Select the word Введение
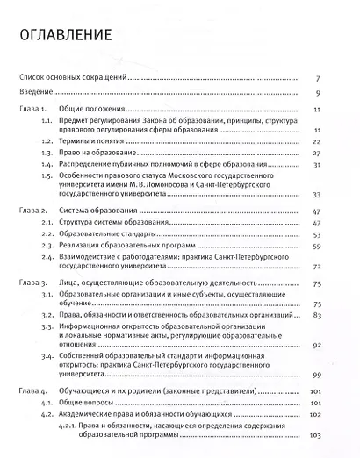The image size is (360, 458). click(36, 92)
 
